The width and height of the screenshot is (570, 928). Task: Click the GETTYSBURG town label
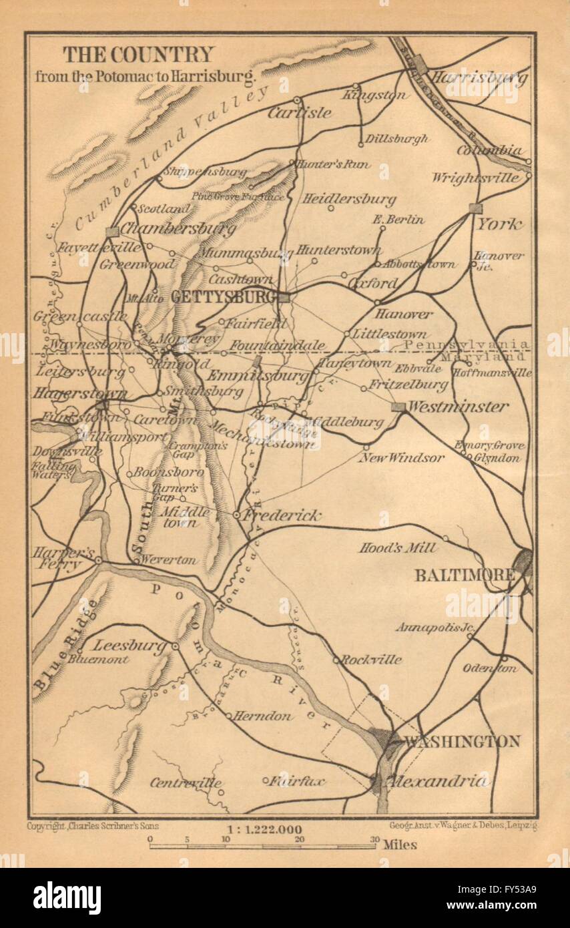tap(224, 297)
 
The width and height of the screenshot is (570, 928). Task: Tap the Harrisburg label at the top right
tap(479, 78)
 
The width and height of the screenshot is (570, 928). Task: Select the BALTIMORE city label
tap(465, 575)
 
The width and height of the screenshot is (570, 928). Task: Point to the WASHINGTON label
tap(463, 741)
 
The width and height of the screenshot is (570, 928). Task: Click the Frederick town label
tap(282, 515)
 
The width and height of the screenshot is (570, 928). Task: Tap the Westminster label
tap(457, 407)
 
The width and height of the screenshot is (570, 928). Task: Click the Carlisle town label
tap(300, 113)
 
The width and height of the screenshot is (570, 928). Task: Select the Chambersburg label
tap(178, 229)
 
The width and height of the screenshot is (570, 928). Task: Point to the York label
tap(499, 224)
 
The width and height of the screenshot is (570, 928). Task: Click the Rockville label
tap(371, 660)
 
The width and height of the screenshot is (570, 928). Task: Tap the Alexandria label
tap(435, 780)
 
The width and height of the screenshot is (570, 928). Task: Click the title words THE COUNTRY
tap(139, 55)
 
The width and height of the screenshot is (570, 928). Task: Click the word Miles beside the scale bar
tap(400, 845)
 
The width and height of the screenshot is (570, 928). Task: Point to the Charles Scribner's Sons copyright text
tap(93, 826)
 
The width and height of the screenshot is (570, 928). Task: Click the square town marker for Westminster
tap(398, 407)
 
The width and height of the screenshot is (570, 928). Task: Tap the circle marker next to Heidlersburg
tap(330, 208)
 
